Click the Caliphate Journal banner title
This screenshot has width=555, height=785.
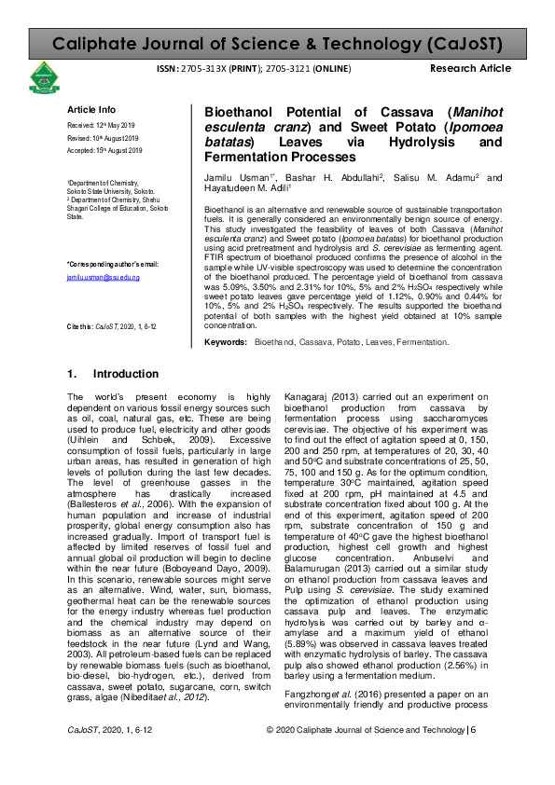277,44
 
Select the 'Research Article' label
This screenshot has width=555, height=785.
470,69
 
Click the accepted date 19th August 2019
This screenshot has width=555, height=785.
104,150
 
